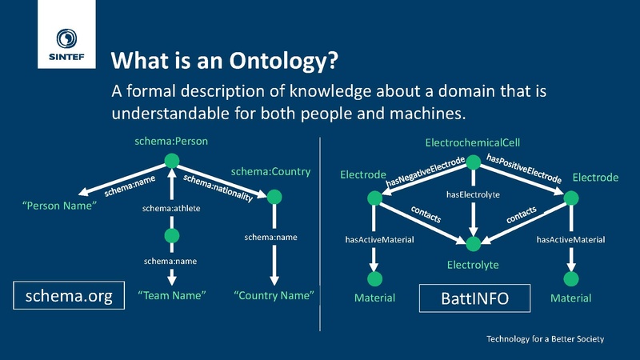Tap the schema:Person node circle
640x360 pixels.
pos(171,162)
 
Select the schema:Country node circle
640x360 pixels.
pos(274,196)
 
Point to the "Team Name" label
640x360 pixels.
pos(172,296)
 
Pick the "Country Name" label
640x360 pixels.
pos(274,296)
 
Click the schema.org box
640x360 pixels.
pos(69,296)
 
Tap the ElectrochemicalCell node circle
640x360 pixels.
pos(472,162)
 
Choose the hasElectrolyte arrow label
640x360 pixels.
pos(472,194)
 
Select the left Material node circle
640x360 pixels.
pos(374,278)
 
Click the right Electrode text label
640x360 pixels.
pos(595,177)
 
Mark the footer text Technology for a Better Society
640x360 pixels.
pos(546,339)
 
